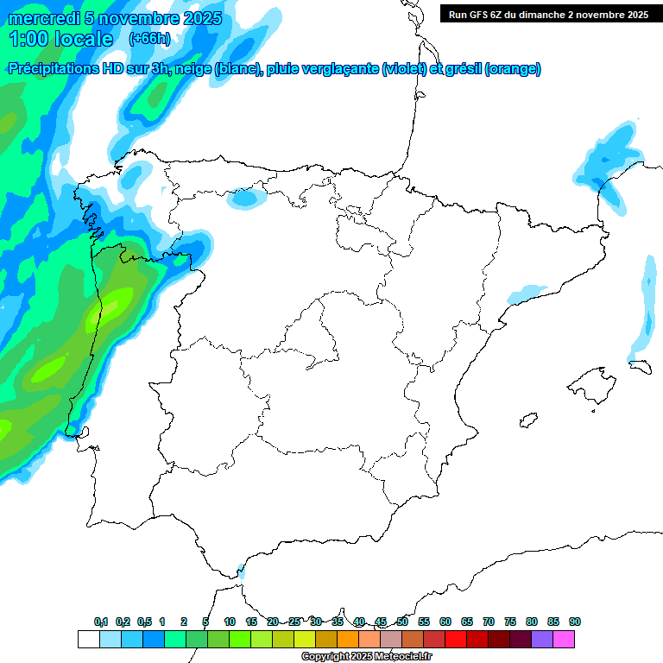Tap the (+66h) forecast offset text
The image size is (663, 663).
(x=149, y=39)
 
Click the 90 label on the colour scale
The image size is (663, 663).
(x=575, y=622)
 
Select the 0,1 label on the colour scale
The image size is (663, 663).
(x=101, y=622)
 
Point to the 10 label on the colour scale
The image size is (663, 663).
(x=230, y=622)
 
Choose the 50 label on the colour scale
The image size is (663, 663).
(x=402, y=622)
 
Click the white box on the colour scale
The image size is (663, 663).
(x=88, y=639)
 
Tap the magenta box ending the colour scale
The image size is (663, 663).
(x=564, y=639)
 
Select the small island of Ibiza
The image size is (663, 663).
(x=527, y=421)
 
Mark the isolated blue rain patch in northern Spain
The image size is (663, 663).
(x=247, y=199)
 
